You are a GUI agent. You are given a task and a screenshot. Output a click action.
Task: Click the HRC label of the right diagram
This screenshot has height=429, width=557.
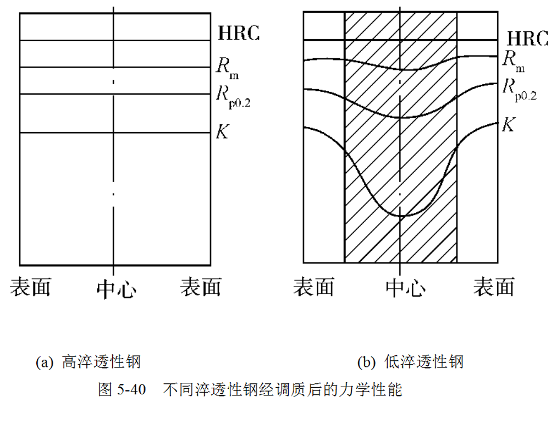(x=527, y=38)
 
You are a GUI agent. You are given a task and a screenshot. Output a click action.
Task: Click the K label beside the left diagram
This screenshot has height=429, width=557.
(x=223, y=131)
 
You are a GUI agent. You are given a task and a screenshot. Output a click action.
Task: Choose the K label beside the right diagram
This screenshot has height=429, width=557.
(x=509, y=124)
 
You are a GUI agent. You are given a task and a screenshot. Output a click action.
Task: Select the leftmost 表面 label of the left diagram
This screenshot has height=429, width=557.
(x=30, y=287)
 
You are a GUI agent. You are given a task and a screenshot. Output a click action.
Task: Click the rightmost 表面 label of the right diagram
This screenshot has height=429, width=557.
(x=494, y=287)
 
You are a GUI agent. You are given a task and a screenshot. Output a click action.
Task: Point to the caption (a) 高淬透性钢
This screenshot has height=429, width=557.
(x=89, y=362)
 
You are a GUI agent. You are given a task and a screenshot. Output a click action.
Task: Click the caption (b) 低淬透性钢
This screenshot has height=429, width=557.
(x=410, y=362)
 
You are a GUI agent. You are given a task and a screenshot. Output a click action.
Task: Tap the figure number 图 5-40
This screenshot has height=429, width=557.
(x=122, y=390)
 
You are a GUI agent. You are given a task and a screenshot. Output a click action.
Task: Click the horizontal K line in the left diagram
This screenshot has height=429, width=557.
(x=66, y=133)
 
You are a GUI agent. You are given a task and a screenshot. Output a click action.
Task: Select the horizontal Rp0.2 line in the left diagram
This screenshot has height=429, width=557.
(x=66, y=94)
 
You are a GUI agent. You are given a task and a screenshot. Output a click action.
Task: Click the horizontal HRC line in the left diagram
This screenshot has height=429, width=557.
(x=66, y=40)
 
